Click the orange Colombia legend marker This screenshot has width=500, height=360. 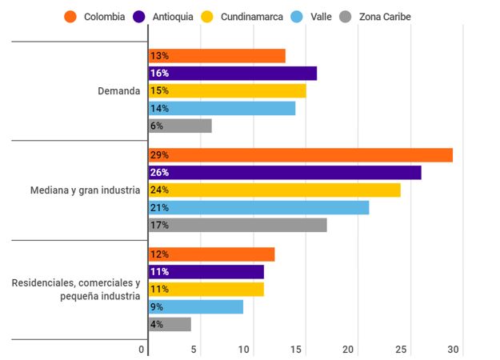[x=71, y=17]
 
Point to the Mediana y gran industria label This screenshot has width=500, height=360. [x=85, y=190]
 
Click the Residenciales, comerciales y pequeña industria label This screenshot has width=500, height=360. [x=76, y=290]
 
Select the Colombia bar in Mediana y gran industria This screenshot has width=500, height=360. [x=301, y=155]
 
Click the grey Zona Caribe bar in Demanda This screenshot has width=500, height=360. [x=180, y=126]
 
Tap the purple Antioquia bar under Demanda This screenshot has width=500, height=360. [x=233, y=74]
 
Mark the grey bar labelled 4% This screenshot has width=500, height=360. [x=170, y=324]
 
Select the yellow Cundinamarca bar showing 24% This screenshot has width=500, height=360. [x=274, y=190]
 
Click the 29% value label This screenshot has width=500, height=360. [x=159, y=155]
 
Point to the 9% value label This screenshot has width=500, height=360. [x=157, y=307]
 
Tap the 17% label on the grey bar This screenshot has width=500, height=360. [x=159, y=226]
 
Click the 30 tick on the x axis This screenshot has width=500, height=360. [x=454, y=350]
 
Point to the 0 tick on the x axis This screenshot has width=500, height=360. [x=142, y=350]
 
